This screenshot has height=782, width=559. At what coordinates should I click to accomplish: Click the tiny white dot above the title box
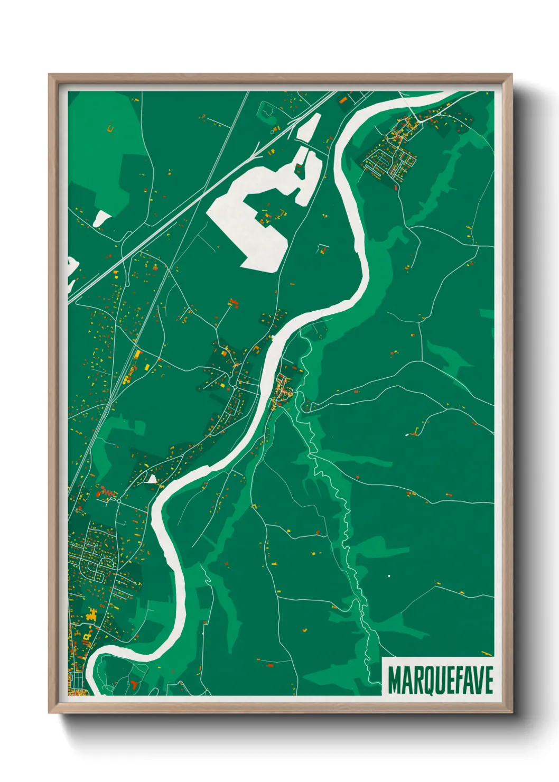coord(389,575)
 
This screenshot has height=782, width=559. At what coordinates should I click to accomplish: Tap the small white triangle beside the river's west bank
coord(152,479)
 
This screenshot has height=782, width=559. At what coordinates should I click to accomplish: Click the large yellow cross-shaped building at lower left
coord(92,614)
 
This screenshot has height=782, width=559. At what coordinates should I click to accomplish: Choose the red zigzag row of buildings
coord(106,493)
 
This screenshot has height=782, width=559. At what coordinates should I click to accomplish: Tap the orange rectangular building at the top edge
coord(343,99)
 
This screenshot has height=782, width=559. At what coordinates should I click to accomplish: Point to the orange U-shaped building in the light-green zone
coord(110,127)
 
